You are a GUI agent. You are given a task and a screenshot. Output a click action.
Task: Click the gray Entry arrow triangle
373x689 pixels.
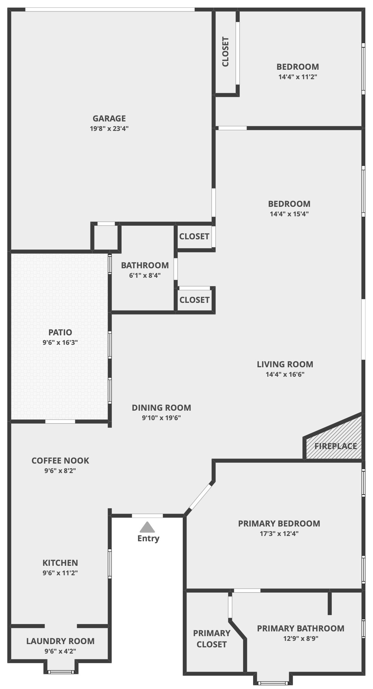coord(147,527)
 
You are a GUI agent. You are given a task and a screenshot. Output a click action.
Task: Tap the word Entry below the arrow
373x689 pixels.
coord(148,538)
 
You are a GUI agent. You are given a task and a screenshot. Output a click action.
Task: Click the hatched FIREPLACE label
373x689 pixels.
coord(335,446)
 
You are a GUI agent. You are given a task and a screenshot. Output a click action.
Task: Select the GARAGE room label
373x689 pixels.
coord(109,118)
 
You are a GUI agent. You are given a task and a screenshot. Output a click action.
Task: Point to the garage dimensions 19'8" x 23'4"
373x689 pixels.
coord(109,129)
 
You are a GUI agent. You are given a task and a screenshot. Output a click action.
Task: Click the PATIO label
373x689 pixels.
coord(60,332)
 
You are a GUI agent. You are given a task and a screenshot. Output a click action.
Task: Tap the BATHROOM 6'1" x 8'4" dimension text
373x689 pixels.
coord(145,275)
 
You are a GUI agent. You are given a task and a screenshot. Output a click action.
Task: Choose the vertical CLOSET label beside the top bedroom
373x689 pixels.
coord(225,52)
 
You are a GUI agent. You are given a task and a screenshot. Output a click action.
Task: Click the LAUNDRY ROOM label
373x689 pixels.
coord(61,641)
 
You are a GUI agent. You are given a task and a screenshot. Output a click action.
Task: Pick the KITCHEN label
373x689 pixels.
coord(60,563)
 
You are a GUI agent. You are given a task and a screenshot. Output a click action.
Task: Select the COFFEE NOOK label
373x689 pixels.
coord(60,461)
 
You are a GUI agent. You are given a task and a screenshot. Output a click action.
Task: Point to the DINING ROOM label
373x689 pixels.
coord(161,408)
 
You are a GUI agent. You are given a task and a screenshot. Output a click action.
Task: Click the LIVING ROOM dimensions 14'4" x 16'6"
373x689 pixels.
coord(285,374)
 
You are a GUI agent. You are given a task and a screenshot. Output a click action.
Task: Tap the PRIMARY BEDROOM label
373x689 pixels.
coord(279,524)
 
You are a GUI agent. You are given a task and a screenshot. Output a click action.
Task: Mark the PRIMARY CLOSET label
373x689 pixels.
coord(211,638)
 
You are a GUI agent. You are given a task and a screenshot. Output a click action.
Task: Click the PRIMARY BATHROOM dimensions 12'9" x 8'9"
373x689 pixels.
coord(301,638)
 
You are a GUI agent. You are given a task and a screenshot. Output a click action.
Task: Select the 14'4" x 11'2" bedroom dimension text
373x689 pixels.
coord(298,77)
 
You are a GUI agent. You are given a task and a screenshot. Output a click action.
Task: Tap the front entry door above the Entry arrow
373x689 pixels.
coord(147,516)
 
